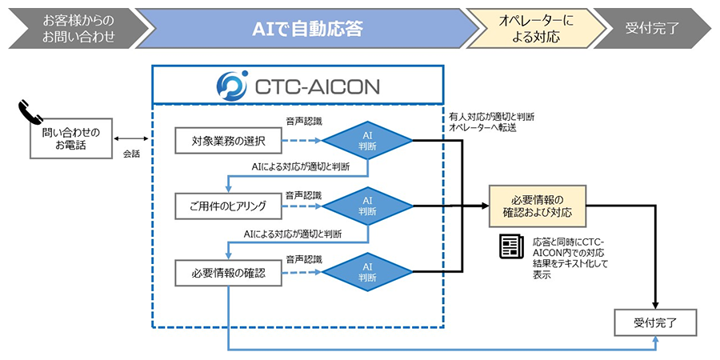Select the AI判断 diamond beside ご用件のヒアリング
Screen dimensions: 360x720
click(x=367, y=206)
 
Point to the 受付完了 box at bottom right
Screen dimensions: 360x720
click(x=656, y=322)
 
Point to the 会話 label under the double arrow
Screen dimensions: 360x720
click(x=131, y=153)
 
